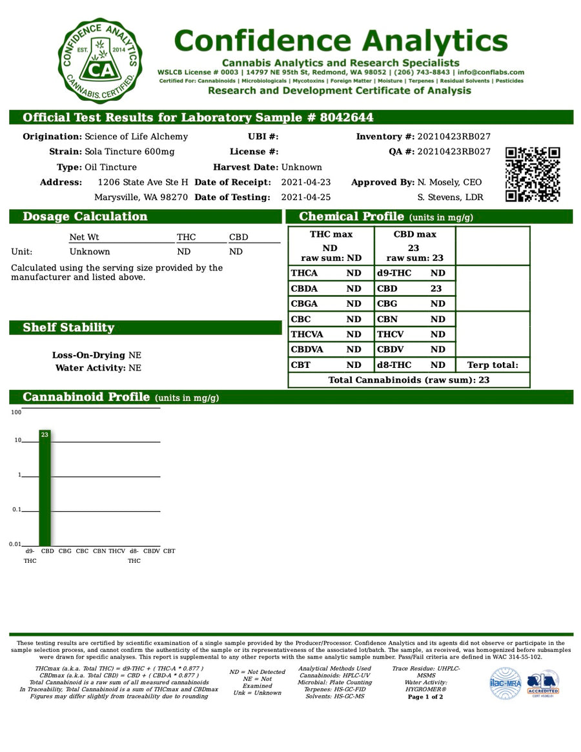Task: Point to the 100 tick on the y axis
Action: coord(16,412)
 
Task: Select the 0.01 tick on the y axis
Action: coord(15,544)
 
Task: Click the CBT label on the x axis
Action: coord(168,551)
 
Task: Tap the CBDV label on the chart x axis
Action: coord(151,551)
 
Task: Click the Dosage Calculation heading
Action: coord(85,217)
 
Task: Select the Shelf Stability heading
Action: coord(68,328)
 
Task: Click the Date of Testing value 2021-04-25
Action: coord(306,198)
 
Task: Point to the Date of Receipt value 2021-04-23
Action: coord(306,183)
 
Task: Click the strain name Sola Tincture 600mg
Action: coord(130,152)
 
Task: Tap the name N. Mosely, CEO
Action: coord(449,183)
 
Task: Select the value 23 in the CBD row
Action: coord(436,289)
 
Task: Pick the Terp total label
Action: coord(493,365)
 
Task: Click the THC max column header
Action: coord(331,234)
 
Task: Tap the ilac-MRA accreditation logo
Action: coord(504,682)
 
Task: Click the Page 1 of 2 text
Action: coord(425,697)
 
